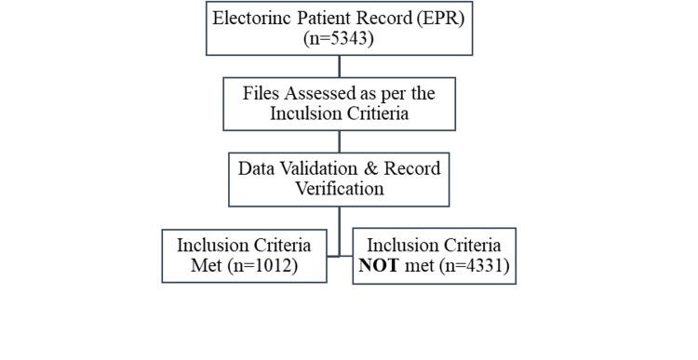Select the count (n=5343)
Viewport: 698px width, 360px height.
tap(339, 38)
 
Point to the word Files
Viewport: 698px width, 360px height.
tap(262, 93)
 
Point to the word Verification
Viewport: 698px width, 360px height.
tap(339, 189)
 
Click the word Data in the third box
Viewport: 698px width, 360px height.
tap(257, 169)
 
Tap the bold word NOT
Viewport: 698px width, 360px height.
tap(380, 266)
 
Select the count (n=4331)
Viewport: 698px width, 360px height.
tap(463, 266)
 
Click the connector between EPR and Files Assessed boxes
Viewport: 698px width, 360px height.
tap(340, 66)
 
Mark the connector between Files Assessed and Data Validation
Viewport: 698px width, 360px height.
tap(340, 141)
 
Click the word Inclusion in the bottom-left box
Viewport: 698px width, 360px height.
tap(213, 246)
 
